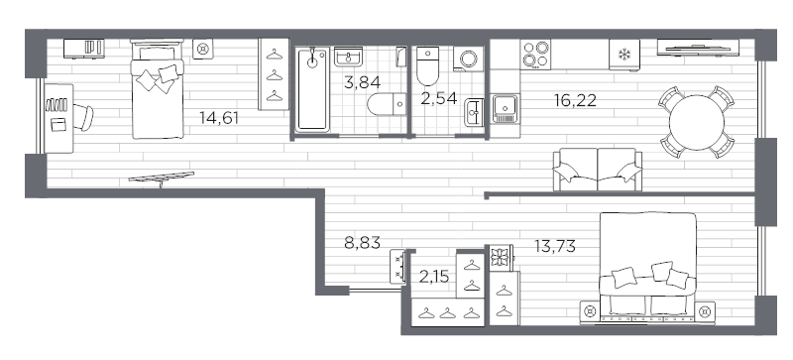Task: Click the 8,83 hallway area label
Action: click(362, 240)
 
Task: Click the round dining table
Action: click(697, 123)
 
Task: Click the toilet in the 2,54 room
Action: click(429, 66)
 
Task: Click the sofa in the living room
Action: click(597, 169)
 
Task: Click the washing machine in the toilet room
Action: click(466, 60)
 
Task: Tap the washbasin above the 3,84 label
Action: click(349, 58)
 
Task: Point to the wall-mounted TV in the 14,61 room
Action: click(160, 179)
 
